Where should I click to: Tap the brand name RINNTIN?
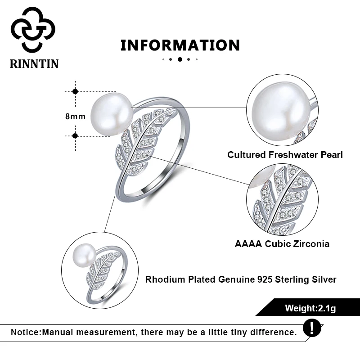click(34, 63)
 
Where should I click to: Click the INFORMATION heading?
click(180, 45)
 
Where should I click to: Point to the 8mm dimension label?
click(75, 116)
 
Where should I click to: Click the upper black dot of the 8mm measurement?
click(75, 91)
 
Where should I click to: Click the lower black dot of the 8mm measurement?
click(75, 135)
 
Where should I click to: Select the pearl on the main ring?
click(111, 116)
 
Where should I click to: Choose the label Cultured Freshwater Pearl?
click(285, 155)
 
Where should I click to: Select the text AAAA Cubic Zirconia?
click(282, 244)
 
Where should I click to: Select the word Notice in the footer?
click(26, 333)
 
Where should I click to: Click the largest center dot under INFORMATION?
click(180, 59)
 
